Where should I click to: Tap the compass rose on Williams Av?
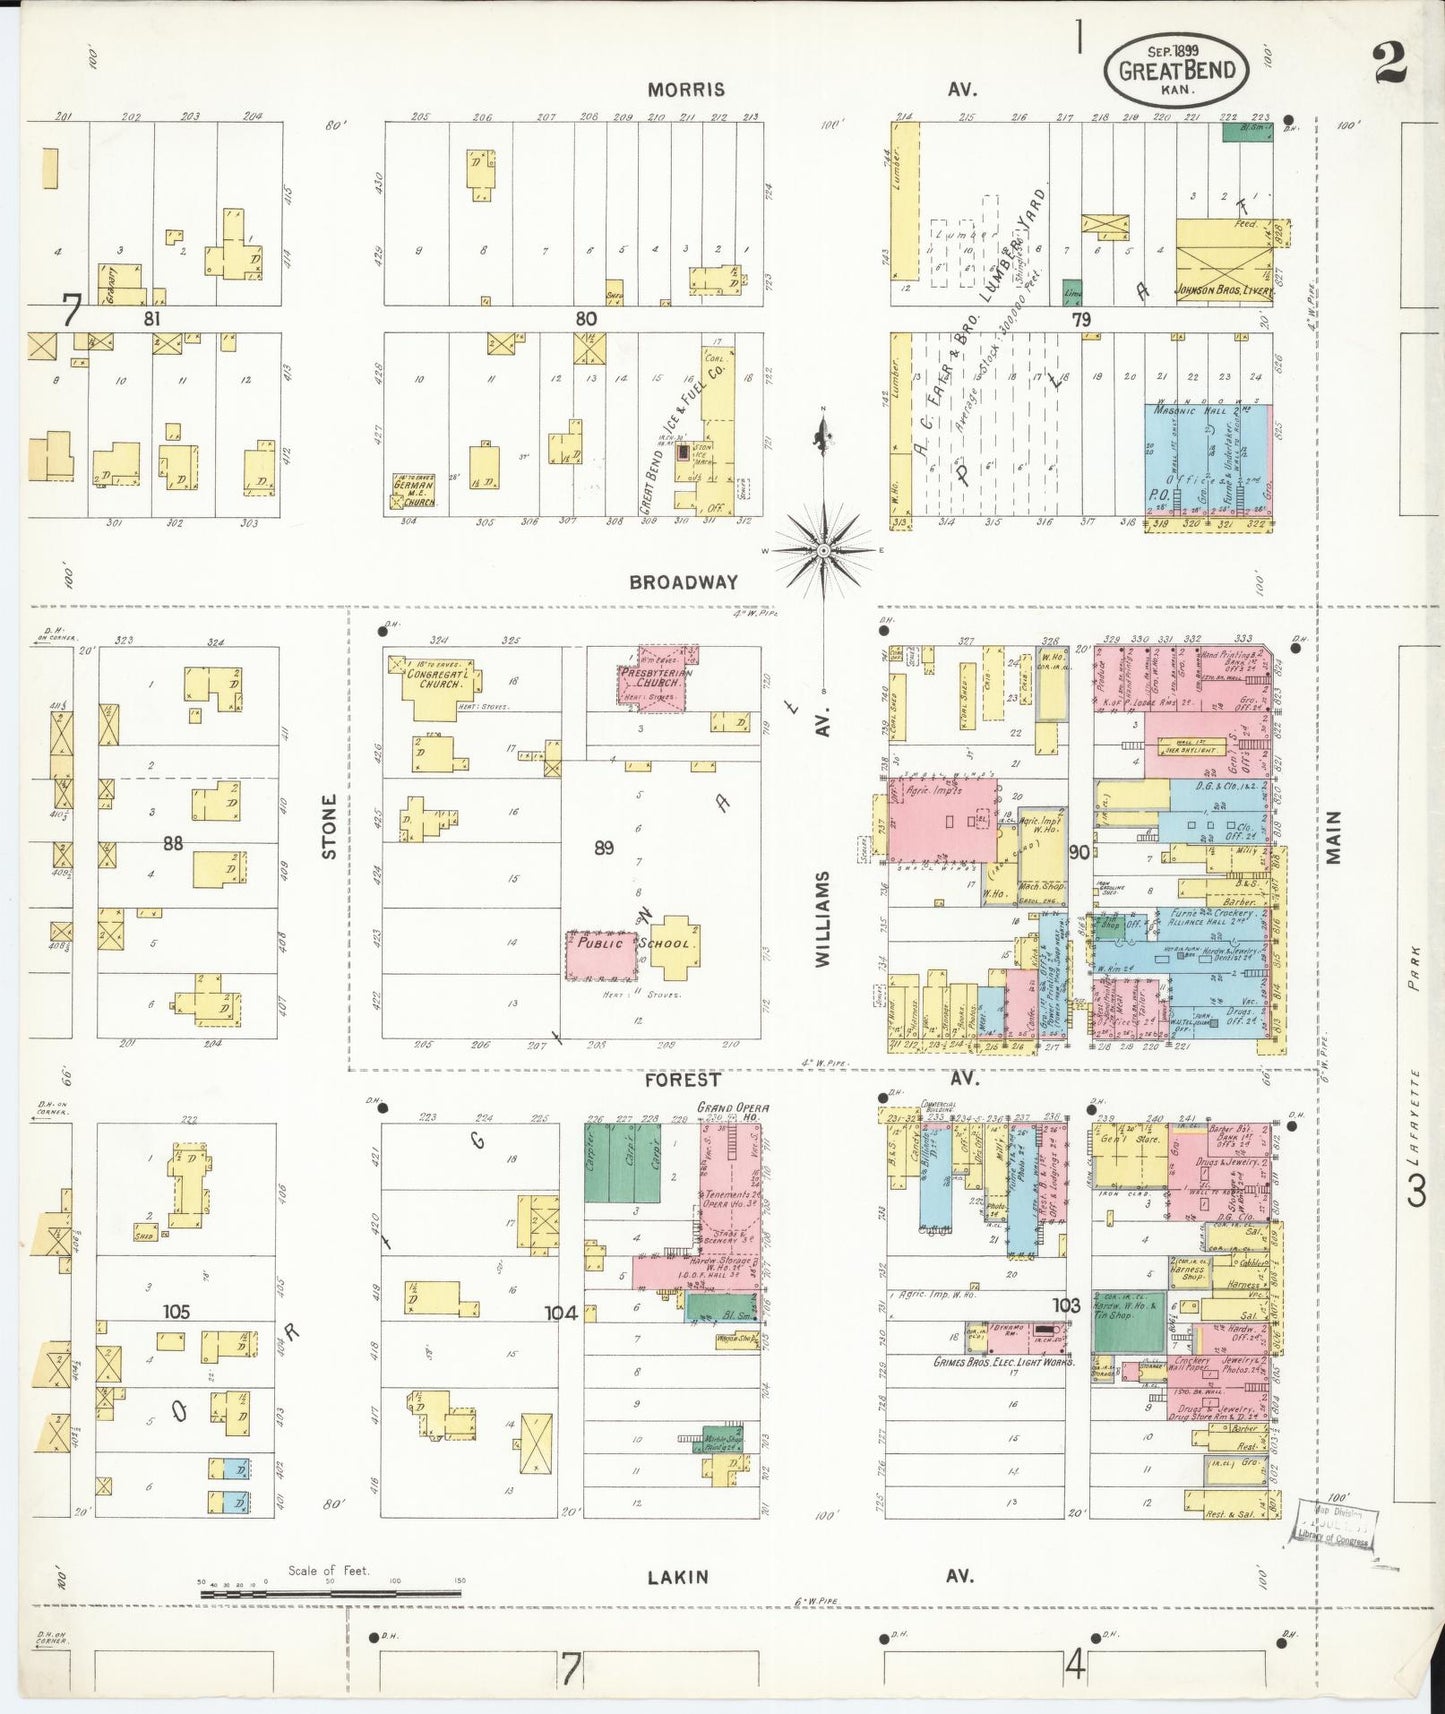(x=823, y=549)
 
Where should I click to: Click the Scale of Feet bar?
(x=329, y=1590)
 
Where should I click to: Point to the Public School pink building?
(x=602, y=955)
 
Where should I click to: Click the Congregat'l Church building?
(x=435, y=685)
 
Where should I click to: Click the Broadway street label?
(x=683, y=582)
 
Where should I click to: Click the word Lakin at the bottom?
(x=677, y=1577)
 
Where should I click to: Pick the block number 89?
(x=603, y=848)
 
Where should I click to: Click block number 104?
(x=561, y=1313)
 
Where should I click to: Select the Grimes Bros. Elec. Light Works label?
(x=1003, y=1363)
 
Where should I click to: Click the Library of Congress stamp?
(x=1334, y=1523)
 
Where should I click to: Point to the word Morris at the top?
(x=686, y=90)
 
